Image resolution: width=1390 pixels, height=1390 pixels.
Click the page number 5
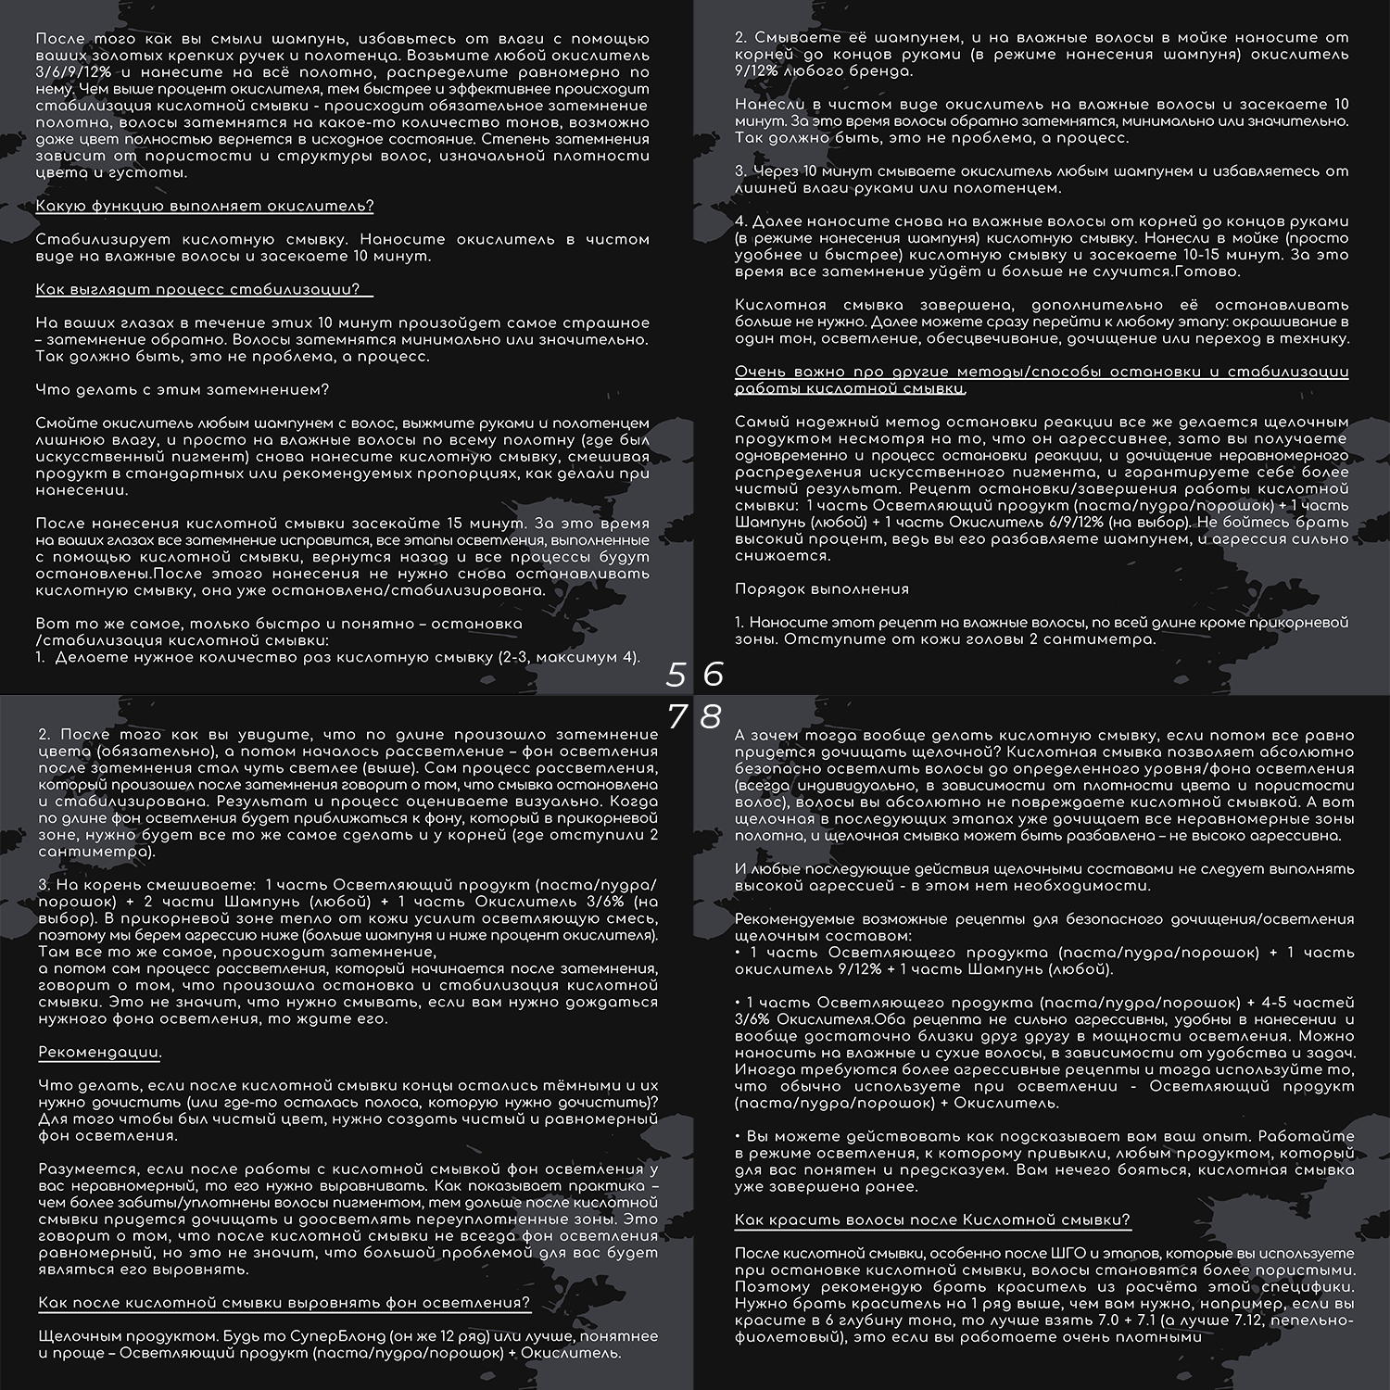676,675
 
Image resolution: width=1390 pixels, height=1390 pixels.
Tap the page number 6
713,675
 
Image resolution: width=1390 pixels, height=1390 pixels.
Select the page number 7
677,716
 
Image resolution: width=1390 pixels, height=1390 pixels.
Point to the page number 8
711,716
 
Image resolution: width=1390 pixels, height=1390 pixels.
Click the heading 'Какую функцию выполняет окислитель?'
205,206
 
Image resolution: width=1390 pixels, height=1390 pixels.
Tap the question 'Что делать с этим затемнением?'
183,389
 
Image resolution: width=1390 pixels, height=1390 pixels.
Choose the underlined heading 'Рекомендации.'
100,1053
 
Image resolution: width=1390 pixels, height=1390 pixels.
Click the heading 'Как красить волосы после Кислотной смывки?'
932,1219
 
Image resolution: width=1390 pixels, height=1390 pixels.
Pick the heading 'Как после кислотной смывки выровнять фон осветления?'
284,1303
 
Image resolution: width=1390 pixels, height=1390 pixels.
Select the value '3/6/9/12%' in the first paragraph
70,71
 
